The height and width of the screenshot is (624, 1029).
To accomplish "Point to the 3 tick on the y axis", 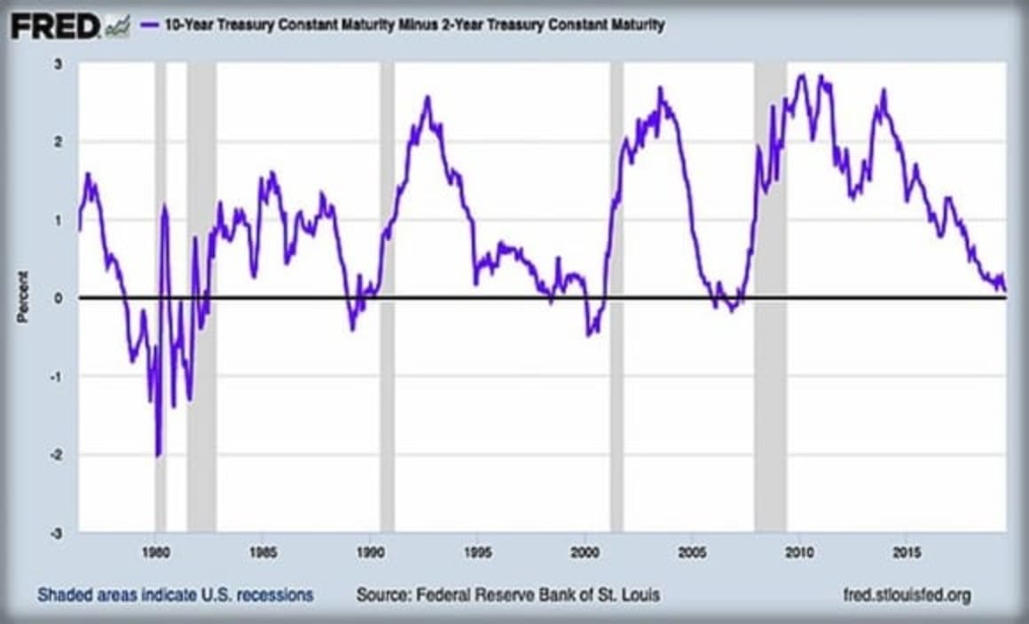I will pyautogui.click(x=58, y=64).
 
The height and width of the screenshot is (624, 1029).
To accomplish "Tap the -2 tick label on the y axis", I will pyautogui.click(x=56, y=455).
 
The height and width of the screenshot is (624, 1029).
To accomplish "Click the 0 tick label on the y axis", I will pyautogui.click(x=58, y=298).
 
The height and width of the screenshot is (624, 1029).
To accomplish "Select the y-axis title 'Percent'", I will pyautogui.click(x=23, y=297).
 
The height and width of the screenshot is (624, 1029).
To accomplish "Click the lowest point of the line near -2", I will pyautogui.click(x=158, y=456).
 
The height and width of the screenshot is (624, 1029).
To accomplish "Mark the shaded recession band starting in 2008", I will pyautogui.click(x=770, y=297).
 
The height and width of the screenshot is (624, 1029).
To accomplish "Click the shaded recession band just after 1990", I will pyautogui.click(x=387, y=297).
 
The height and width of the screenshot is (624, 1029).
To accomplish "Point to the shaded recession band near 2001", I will pyautogui.click(x=617, y=297).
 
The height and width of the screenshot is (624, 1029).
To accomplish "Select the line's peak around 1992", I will pyautogui.click(x=428, y=97).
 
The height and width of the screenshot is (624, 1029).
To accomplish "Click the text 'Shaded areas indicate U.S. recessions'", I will pyautogui.click(x=175, y=595).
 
